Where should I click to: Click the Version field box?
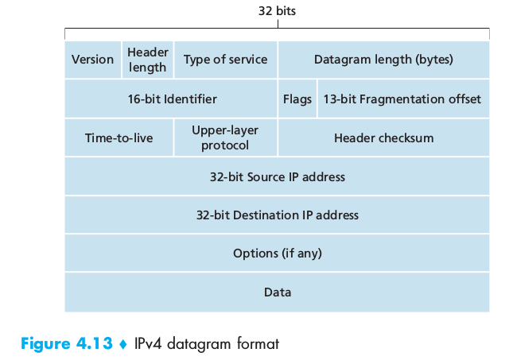click(x=93, y=60)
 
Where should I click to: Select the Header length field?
click(x=148, y=60)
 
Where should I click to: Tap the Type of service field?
click(x=225, y=60)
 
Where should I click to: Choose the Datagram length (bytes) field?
click(x=384, y=60)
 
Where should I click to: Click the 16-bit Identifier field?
click(x=171, y=99)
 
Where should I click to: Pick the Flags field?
click(x=297, y=99)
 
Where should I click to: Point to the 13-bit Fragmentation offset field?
click(x=403, y=99)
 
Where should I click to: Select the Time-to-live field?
click(x=119, y=137)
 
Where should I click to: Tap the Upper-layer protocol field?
click(x=225, y=137)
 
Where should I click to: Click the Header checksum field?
click(x=384, y=137)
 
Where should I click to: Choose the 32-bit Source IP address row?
click(x=277, y=176)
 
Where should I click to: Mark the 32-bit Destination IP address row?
click(x=277, y=215)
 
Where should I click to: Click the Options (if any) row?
click(x=277, y=253)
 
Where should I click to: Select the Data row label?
click(x=278, y=292)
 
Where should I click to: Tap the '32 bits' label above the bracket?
click(x=277, y=11)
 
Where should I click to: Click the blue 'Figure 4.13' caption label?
click(x=67, y=343)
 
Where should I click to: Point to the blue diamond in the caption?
click(x=123, y=344)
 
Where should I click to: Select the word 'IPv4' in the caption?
click(x=148, y=343)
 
